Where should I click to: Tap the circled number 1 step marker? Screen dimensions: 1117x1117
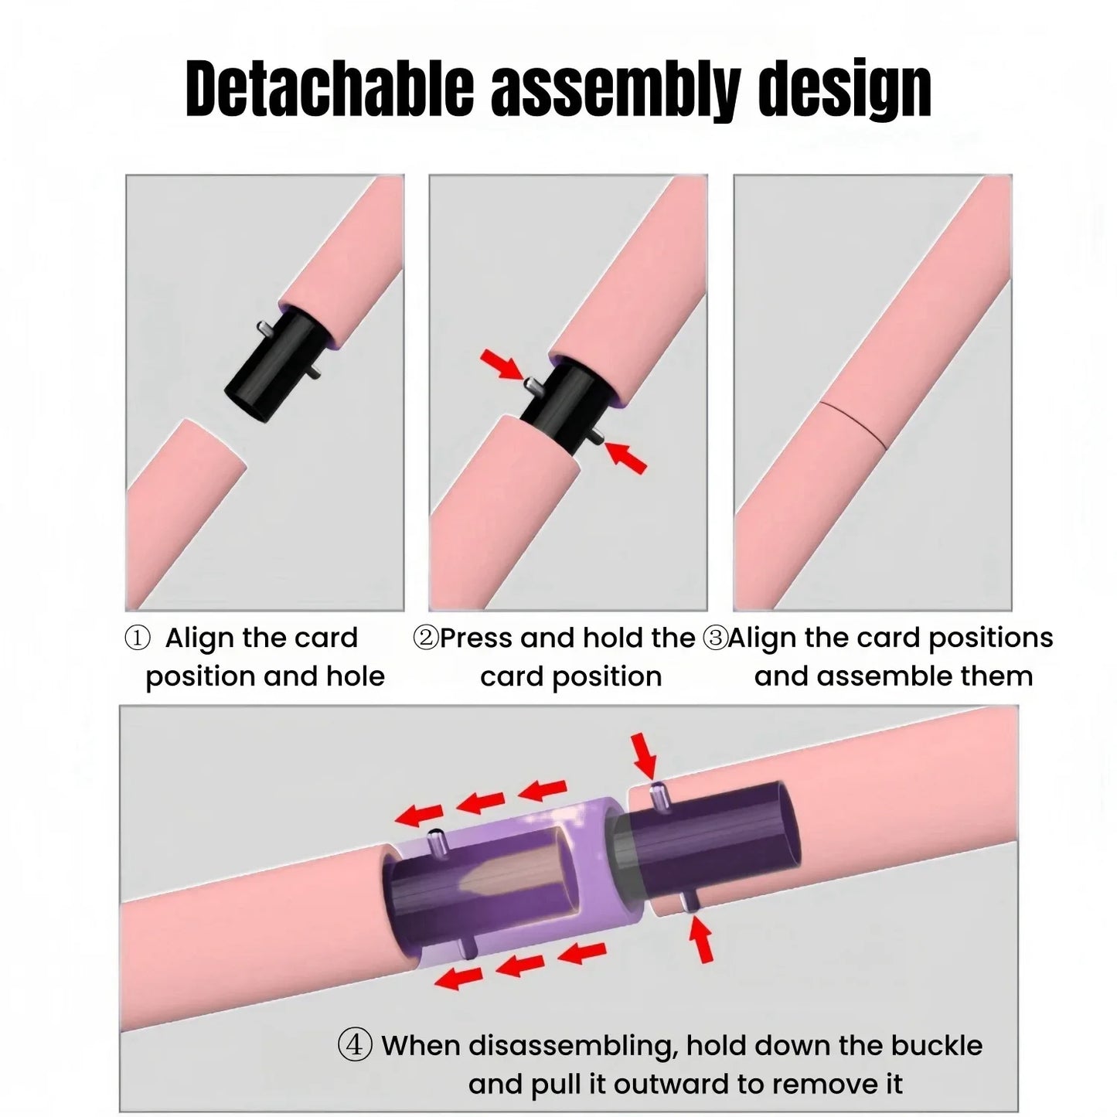[138, 639]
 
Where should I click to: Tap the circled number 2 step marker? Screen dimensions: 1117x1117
[426, 639]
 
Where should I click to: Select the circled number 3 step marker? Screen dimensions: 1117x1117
[716, 639]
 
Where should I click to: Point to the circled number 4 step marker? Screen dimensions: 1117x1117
[355, 1045]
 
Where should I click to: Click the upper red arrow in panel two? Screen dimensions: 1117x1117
[501, 364]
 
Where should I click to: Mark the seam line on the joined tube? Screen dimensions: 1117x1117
[850, 422]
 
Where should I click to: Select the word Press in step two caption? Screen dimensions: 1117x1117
[476, 639]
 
